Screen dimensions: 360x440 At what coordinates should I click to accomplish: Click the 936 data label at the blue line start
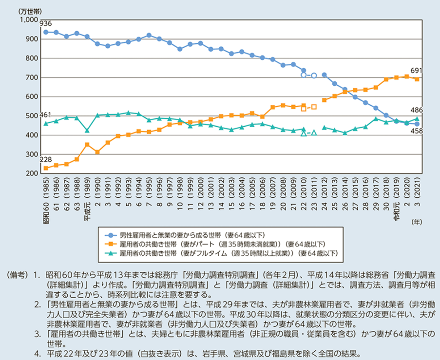[x=46, y=23]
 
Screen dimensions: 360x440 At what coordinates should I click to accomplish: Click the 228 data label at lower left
[x=45, y=160]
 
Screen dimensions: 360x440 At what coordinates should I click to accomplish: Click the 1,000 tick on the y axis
[x=29, y=19]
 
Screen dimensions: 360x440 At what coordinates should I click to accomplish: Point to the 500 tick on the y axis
[x=32, y=116]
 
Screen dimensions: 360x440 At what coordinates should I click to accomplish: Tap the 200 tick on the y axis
[x=32, y=174]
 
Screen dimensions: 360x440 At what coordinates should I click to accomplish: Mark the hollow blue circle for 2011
[x=314, y=76]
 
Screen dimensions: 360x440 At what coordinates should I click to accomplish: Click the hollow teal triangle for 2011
[x=314, y=133]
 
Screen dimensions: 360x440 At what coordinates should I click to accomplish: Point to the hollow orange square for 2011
[x=314, y=107]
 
